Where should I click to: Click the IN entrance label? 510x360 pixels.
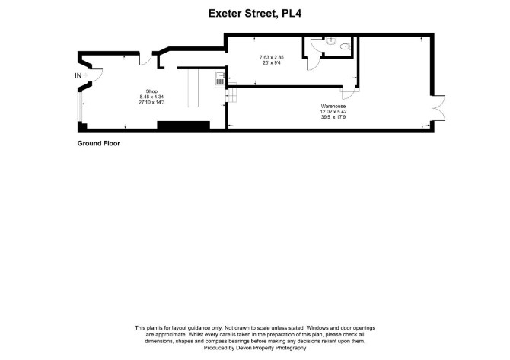coord(78,75)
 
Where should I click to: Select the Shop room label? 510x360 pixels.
coord(151,91)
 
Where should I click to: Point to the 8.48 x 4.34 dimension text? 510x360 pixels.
coord(151,97)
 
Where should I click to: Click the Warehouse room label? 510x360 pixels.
coord(333,106)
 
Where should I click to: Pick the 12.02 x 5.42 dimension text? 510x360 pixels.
coord(333,111)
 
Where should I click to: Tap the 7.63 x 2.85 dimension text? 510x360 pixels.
coord(272,57)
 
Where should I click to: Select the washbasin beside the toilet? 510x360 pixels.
coord(330,41)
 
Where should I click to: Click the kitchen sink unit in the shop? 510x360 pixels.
coord(220,79)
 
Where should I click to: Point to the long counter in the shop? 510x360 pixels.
coord(193,88)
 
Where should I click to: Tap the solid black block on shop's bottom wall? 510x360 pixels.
coord(183,126)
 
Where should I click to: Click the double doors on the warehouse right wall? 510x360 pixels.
coord(438,108)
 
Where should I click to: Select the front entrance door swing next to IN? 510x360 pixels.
coord(96,75)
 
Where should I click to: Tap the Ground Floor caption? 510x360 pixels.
coord(98,143)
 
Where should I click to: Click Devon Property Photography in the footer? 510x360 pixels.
coord(271,348)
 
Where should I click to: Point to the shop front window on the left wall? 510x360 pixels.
coord(79,107)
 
